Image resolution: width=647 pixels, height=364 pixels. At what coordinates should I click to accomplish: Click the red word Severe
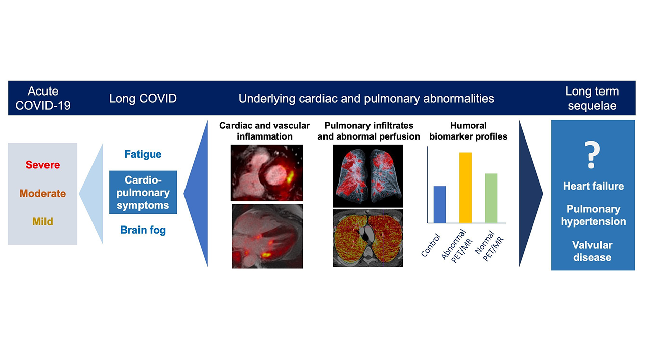(42, 165)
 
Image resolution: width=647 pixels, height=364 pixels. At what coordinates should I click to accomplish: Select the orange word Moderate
(42, 193)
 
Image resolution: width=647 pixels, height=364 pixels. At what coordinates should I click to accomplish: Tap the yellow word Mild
(42, 221)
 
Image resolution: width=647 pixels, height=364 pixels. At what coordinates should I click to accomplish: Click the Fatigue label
(143, 154)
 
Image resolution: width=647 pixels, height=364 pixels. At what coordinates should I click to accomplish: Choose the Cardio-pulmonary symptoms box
(143, 192)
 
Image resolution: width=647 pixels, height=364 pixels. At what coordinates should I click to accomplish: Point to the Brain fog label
(143, 230)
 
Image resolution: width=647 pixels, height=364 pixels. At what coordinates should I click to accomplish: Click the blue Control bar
(440, 204)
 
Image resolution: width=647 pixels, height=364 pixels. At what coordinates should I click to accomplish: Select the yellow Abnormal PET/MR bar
(465, 188)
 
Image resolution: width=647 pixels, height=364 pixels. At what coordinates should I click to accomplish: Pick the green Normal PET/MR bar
(491, 198)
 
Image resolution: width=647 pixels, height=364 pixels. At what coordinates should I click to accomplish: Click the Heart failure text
(593, 186)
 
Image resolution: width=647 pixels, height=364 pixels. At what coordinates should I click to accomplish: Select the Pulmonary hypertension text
(593, 215)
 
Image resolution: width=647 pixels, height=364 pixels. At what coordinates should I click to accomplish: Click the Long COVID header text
(143, 98)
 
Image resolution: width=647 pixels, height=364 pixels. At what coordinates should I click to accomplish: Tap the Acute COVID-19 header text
(43, 98)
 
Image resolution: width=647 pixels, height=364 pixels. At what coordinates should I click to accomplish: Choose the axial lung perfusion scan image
(367, 238)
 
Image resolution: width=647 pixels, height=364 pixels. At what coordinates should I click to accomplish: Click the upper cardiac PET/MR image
(267, 172)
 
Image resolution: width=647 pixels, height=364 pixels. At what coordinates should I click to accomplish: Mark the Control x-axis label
(431, 246)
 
